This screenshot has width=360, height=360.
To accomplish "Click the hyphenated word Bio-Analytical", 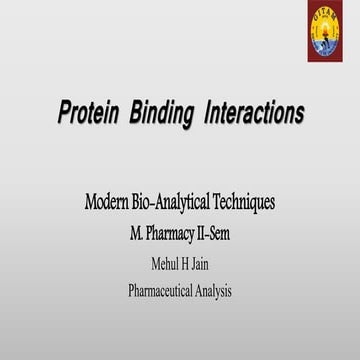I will pyautogui.click(x=174, y=202).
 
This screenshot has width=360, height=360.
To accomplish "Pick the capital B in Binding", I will pyautogui.click(x=135, y=113).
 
